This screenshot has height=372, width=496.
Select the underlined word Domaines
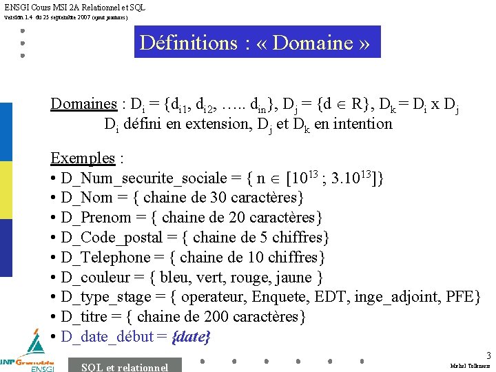click(x=83, y=104)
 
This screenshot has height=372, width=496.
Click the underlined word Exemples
click(x=82, y=158)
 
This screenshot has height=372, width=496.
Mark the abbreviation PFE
click(x=458, y=297)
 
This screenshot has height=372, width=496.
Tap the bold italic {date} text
click(x=191, y=337)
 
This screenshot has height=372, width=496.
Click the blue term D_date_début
click(x=107, y=337)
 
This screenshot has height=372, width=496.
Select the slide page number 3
click(x=488, y=355)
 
